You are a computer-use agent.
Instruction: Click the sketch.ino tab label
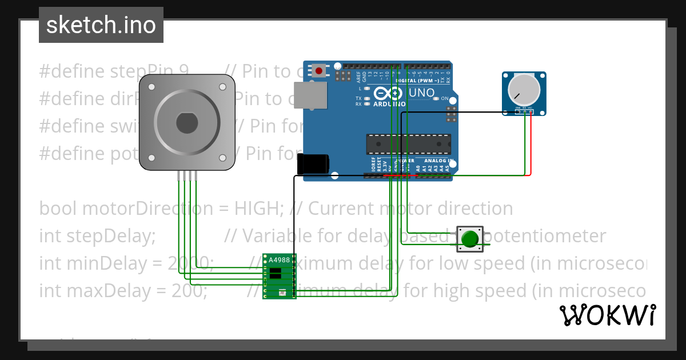(101, 25)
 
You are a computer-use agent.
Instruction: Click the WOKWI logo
(607, 315)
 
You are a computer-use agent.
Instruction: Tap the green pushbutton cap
(470, 239)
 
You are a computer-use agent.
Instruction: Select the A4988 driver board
(280, 277)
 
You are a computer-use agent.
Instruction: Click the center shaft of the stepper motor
(187, 123)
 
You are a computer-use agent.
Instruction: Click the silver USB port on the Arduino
(310, 95)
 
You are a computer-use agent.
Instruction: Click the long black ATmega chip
(408, 145)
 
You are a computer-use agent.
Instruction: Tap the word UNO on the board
(422, 93)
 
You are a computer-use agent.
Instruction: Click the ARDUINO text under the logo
(389, 104)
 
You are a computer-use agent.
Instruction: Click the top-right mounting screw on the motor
(222, 87)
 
